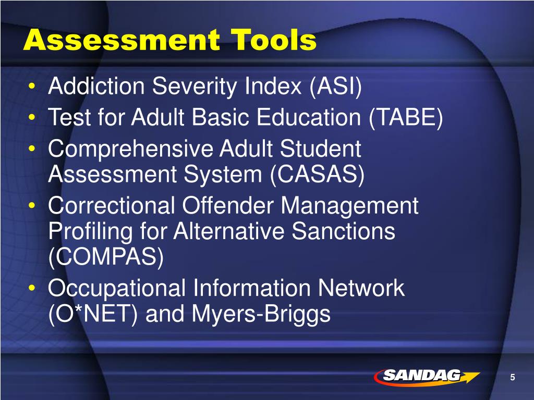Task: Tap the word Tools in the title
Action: [274, 40]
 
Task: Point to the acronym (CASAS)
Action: [317, 175]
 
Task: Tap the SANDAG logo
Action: [425, 376]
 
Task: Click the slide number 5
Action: [513, 378]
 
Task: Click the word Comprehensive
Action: [130, 149]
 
